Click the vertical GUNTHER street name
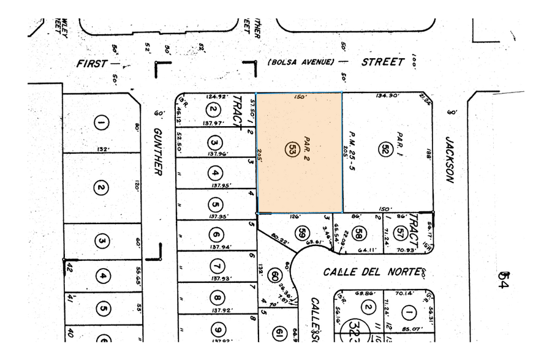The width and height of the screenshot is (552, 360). click(x=157, y=151)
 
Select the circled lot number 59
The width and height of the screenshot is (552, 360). click(x=301, y=233)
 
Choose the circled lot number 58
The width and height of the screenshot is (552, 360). click(x=360, y=233)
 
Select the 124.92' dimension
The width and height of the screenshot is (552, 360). click(x=217, y=97)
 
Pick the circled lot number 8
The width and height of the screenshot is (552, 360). click(x=216, y=299)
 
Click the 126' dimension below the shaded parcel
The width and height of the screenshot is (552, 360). click(x=296, y=216)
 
